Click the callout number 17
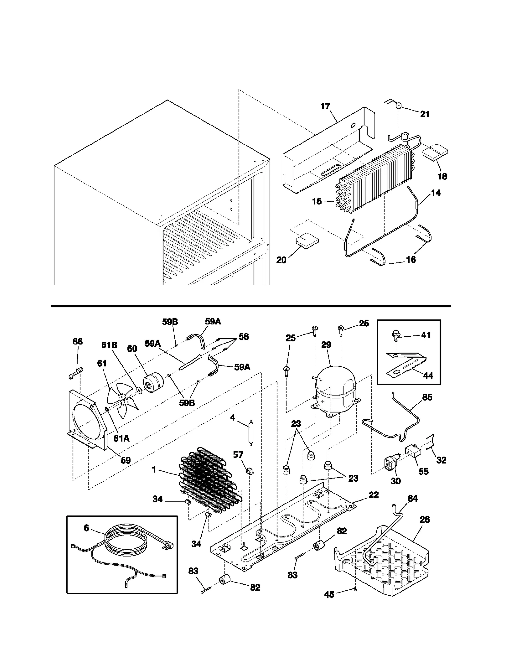pyautogui.click(x=325, y=106)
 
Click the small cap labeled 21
pyautogui.click(x=399, y=105)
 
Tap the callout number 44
pyautogui.click(x=428, y=376)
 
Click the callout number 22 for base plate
pyautogui.click(x=373, y=495)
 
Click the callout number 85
pyautogui.click(x=427, y=397)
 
